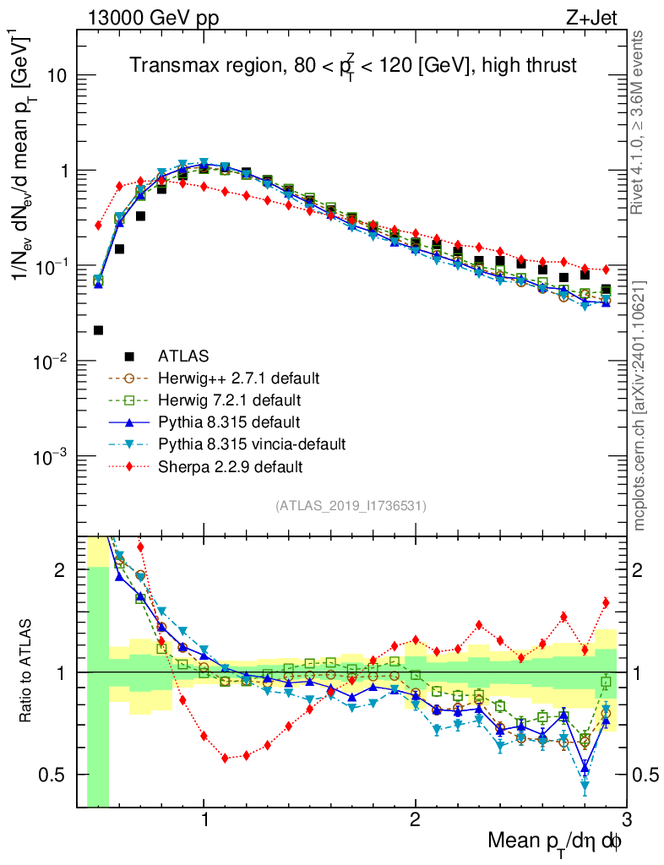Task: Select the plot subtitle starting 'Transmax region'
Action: tap(352, 65)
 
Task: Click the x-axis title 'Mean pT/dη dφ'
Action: tap(557, 841)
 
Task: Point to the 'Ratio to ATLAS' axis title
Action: tap(28, 672)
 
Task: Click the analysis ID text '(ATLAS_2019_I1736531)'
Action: tap(351, 506)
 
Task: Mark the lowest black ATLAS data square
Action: tap(98, 330)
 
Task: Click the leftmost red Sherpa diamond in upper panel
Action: tap(98, 226)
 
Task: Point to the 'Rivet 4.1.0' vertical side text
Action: tap(639, 122)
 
